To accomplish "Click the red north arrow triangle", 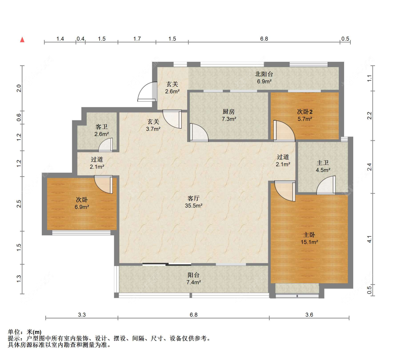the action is click(x=22, y=40).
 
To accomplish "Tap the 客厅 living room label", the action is click(x=193, y=198).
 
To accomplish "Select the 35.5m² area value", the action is click(x=193, y=206).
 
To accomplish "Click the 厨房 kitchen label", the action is click(x=229, y=112).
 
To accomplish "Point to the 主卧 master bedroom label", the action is click(x=309, y=235).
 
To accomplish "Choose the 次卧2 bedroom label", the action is click(x=305, y=112).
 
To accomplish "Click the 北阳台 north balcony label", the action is click(x=264, y=74).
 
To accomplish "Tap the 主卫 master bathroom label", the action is click(x=323, y=163).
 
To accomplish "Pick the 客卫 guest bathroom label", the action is click(x=101, y=127).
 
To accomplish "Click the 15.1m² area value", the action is click(x=309, y=242).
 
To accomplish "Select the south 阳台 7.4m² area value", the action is click(x=193, y=282).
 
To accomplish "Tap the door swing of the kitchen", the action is click(x=199, y=132).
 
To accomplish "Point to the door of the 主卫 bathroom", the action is click(x=326, y=185).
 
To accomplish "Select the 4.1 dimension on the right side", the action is click(x=369, y=239).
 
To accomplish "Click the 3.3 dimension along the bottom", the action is click(x=82, y=315).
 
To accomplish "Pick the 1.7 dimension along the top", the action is click(x=137, y=39).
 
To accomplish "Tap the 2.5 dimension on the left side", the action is click(x=19, y=204).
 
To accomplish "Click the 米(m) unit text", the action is click(x=34, y=332).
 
